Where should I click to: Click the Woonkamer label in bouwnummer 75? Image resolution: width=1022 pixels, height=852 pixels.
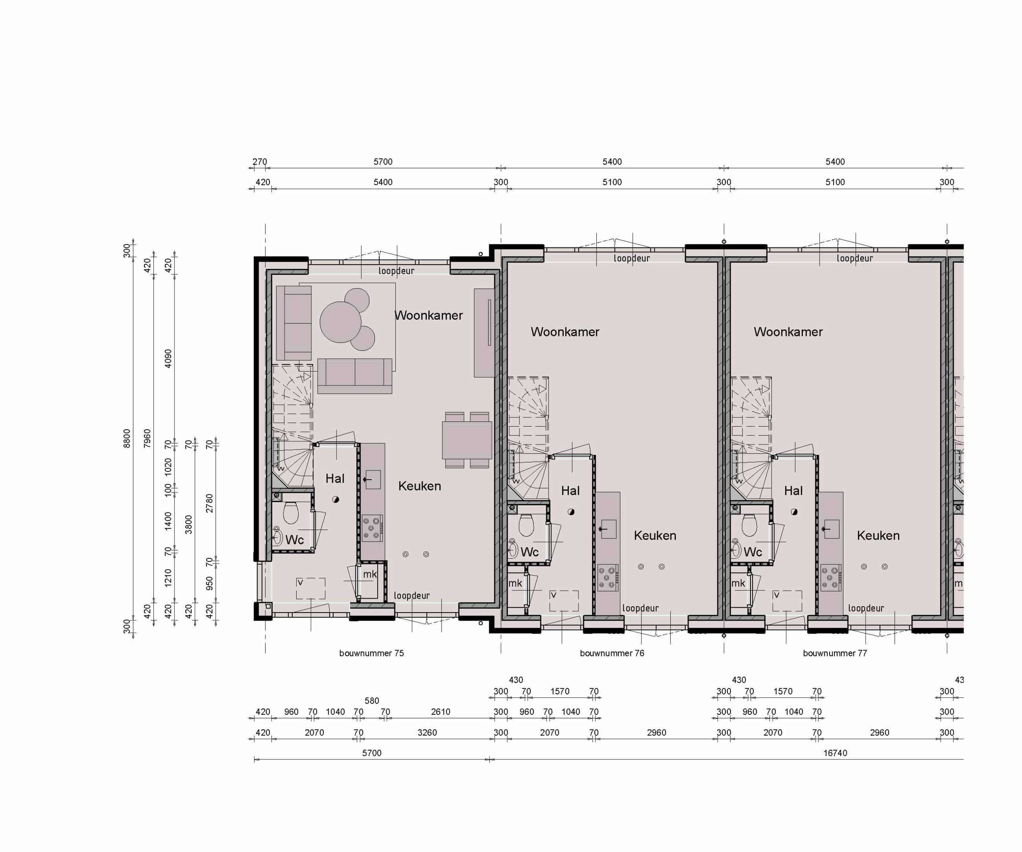pyautogui.click(x=428, y=315)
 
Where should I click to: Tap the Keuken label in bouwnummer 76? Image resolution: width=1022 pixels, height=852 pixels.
pyautogui.click(x=655, y=536)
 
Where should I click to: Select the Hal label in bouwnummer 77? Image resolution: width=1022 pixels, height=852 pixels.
pyautogui.click(x=793, y=491)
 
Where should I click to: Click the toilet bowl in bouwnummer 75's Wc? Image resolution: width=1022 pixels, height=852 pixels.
pyautogui.click(x=291, y=512)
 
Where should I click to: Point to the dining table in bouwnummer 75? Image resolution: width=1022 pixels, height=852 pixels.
pyautogui.click(x=467, y=440)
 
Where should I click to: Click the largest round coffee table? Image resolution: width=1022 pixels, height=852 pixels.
pyautogui.click(x=340, y=322)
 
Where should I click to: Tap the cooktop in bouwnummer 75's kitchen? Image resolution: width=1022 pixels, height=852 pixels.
pyautogui.click(x=372, y=528)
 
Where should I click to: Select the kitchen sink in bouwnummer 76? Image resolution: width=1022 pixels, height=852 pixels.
pyautogui.click(x=608, y=529)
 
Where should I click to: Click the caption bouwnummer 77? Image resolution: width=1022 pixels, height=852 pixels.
pyautogui.click(x=835, y=653)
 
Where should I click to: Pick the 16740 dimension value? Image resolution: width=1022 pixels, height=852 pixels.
pyautogui.click(x=835, y=753)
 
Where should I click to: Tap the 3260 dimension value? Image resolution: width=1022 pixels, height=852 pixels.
pyautogui.click(x=427, y=732)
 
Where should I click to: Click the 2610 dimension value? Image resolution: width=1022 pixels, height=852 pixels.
pyautogui.click(x=440, y=712)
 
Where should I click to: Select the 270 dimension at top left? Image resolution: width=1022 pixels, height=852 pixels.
pyautogui.click(x=259, y=162)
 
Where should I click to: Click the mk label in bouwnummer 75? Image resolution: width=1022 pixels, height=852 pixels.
pyautogui.click(x=370, y=574)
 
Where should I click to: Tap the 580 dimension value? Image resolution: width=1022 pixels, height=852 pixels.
pyautogui.click(x=371, y=701)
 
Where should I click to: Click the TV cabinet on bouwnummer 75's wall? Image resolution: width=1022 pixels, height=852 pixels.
pyautogui.click(x=484, y=332)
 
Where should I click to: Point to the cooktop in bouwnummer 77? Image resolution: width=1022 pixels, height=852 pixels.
pyautogui.click(x=831, y=577)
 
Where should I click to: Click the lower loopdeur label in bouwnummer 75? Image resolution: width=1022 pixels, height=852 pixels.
pyautogui.click(x=412, y=595)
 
